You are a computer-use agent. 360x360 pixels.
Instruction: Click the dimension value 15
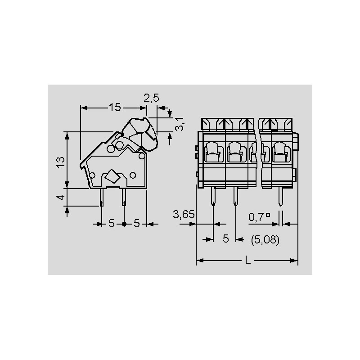(115, 107)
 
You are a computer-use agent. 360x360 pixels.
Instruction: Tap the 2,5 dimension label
(151, 98)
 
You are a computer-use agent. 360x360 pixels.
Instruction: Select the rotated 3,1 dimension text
(179, 124)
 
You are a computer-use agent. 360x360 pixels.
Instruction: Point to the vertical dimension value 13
(61, 162)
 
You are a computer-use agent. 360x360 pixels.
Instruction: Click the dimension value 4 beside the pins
(61, 197)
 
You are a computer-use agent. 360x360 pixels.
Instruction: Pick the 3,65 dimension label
(184, 215)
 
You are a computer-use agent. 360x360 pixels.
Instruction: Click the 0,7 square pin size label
(259, 217)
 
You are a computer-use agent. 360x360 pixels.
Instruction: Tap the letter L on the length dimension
(248, 261)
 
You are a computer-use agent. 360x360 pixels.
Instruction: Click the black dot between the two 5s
(124, 224)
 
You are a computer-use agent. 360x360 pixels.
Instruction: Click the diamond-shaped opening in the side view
(112, 176)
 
